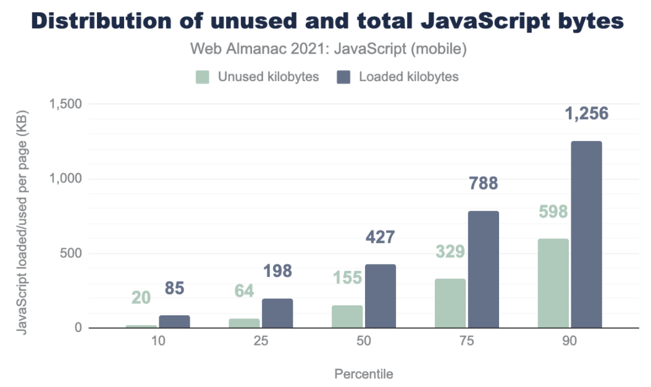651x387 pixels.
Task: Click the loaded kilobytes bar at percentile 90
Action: pyautogui.click(x=586, y=235)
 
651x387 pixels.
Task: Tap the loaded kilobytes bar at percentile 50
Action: pyautogui.click(x=380, y=296)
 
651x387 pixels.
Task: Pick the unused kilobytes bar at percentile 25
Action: pyautogui.click(x=245, y=323)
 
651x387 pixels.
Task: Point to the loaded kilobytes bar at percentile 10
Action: pyautogui.click(x=175, y=321)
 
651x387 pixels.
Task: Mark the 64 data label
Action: pyautogui.click(x=245, y=291)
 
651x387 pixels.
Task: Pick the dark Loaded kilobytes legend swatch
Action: pyautogui.click(x=343, y=77)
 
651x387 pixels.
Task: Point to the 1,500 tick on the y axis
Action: pyautogui.click(x=65, y=104)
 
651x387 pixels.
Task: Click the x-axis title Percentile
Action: pyautogui.click(x=363, y=374)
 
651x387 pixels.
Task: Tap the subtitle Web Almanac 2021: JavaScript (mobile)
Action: pyautogui.click(x=328, y=49)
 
